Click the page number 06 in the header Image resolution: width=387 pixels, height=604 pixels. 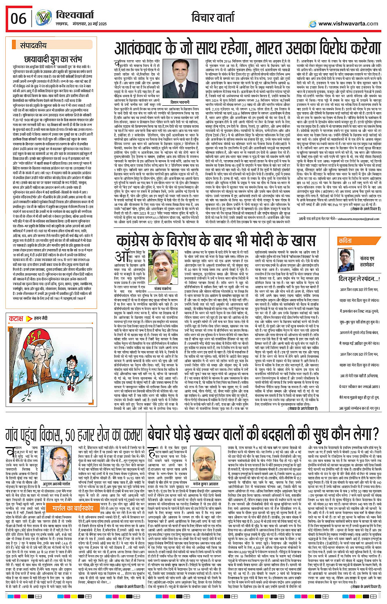18,18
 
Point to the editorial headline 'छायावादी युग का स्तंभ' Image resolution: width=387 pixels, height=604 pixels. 53,59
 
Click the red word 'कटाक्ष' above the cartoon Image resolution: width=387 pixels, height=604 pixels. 16,318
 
